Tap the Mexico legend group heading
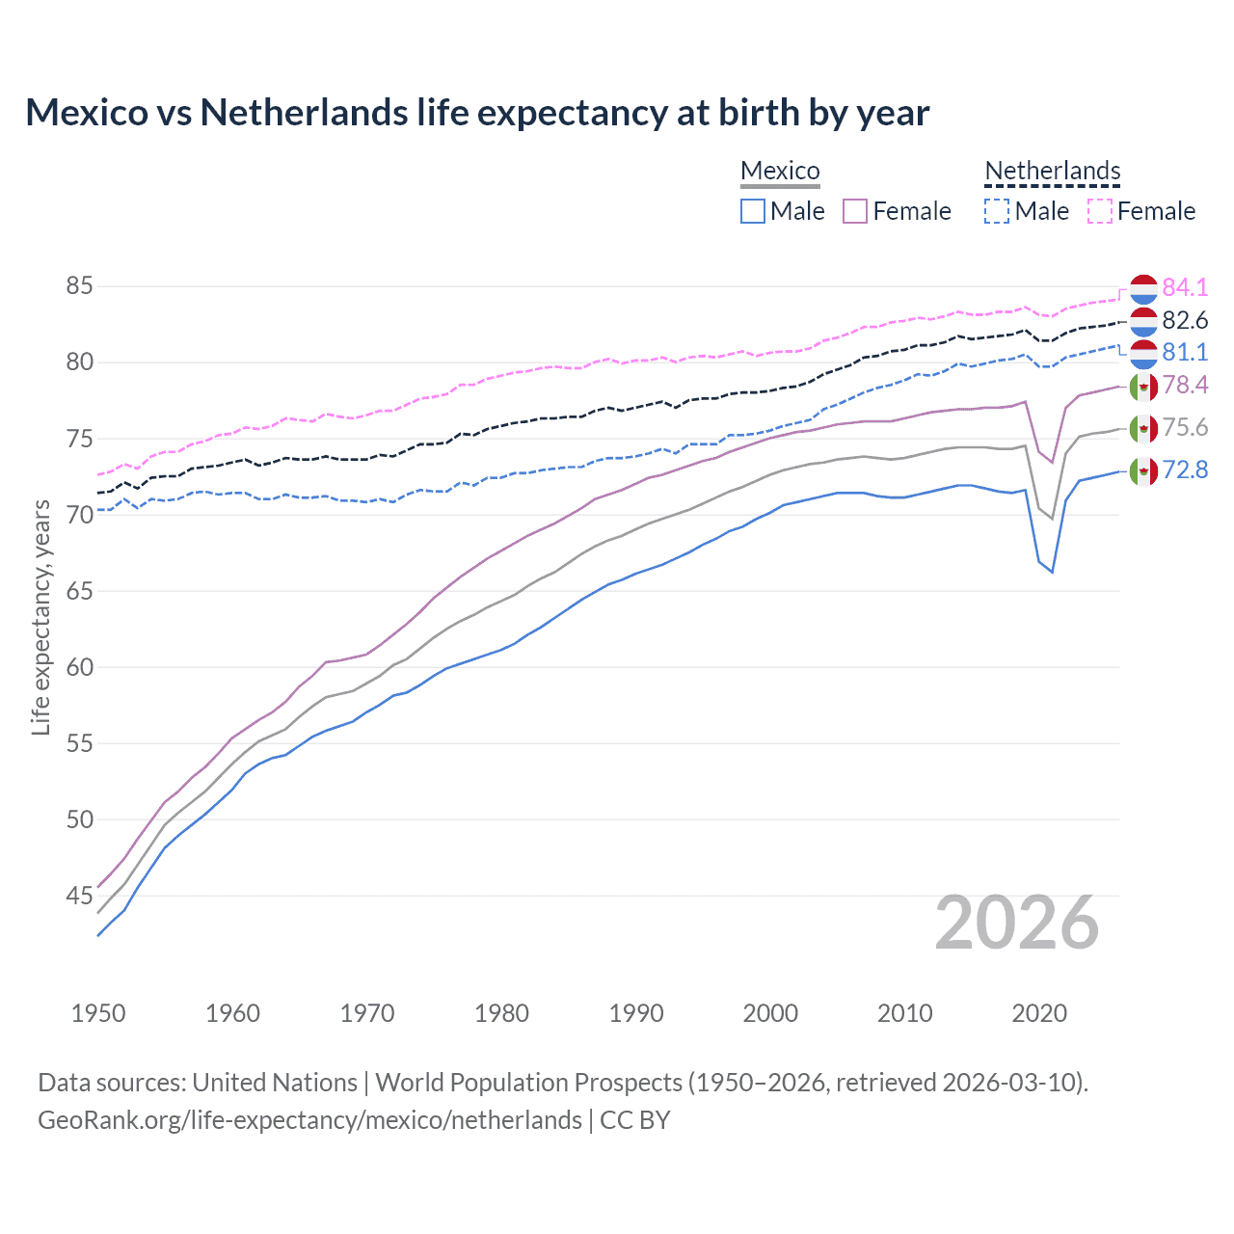tap(780, 172)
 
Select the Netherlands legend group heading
tap(1052, 172)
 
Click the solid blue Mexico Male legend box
tap(753, 211)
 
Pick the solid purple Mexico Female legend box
tap(855, 211)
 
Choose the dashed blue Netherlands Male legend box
tap(997, 211)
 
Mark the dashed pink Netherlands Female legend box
tap(1100, 211)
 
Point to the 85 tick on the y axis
tap(79, 286)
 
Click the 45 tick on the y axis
tap(79, 896)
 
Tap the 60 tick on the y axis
tap(79, 667)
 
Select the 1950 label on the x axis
tap(98, 1013)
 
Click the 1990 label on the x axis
tap(636, 1013)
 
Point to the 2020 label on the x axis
tap(1039, 1013)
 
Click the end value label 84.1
tap(1185, 287)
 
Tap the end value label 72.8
tap(1185, 470)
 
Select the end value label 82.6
tap(1185, 320)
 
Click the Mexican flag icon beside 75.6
tap(1143, 428)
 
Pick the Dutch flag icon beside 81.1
tap(1143, 353)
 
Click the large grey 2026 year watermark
tap(1017, 923)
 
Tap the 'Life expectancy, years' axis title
tap(40, 617)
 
